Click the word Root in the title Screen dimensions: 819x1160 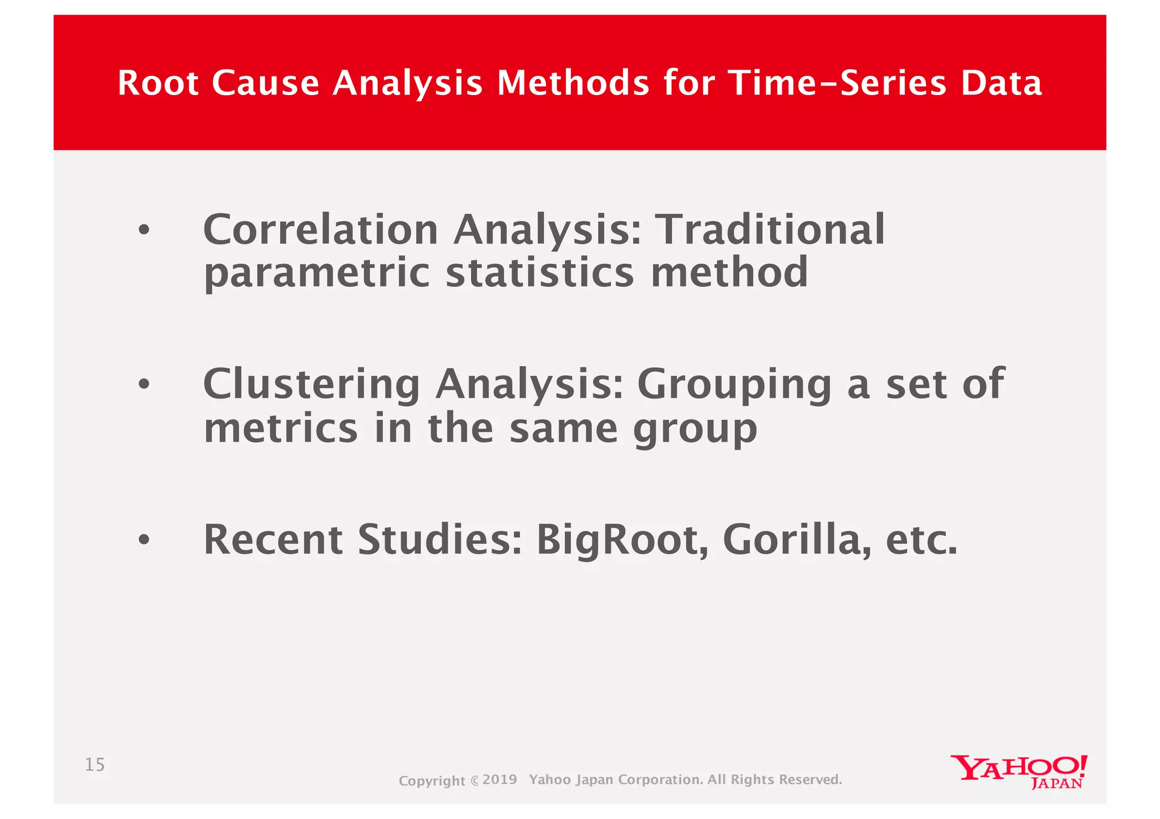click(x=158, y=83)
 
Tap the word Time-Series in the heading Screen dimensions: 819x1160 click(x=837, y=83)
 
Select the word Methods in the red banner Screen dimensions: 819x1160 click(x=573, y=83)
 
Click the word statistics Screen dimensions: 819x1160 click(x=539, y=273)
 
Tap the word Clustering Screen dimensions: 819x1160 click(x=311, y=385)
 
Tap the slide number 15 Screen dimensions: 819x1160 click(x=95, y=765)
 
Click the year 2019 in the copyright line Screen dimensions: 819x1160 click(x=500, y=779)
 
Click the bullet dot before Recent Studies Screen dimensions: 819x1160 click(x=144, y=540)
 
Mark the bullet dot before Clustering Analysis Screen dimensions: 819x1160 click(x=144, y=385)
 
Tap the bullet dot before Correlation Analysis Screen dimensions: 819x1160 click(x=144, y=230)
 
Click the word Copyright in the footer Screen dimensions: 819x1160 click(x=432, y=781)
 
